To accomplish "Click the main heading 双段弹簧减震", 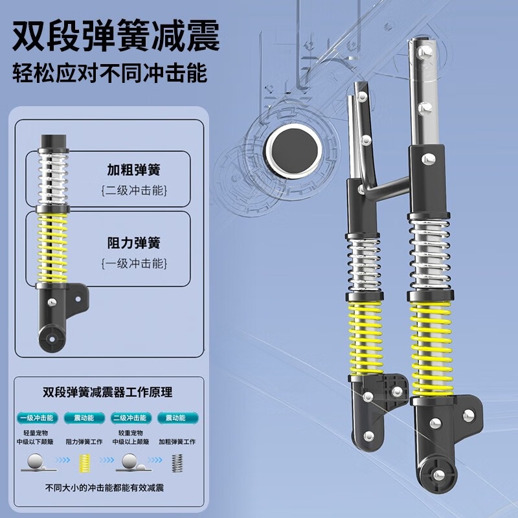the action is (x=116, y=36).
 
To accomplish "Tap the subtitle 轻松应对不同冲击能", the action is (x=109, y=73).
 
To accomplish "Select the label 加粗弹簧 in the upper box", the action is (x=134, y=170).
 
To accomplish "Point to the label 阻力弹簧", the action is (x=134, y=243).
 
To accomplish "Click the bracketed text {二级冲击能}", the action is (x=134, y=190).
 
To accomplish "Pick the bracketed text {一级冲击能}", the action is (x=134, y=264).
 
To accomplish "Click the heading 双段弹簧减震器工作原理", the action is (x=107, y=392).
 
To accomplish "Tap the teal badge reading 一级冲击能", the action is (x=37, y=418).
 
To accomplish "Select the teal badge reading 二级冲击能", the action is (x=131, y=418).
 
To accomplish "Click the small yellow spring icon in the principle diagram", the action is (x=85, y=463).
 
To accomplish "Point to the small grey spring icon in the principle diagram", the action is (x=177, y=463).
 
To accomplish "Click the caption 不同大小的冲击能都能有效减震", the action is (x=104, y=488).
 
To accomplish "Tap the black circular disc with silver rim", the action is (x=293, y=151).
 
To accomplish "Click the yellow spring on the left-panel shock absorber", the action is (x=52, y=248).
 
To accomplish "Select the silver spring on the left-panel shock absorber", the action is (x=53, y=179).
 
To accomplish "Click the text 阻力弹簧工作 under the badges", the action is (x=84, y=442).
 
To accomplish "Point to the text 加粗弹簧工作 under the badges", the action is (x=177, y=442).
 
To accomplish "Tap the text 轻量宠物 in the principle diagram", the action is (x=36, y=433).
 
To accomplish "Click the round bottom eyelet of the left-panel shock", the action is (x=51, y=338).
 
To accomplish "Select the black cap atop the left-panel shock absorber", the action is (x=54, y=142).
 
